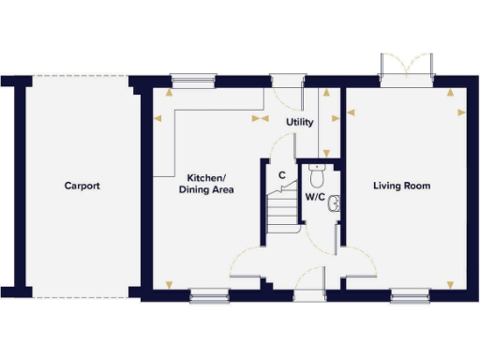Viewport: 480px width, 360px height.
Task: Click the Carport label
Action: (x=82, y=186)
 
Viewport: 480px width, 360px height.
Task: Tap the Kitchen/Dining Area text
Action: (x=205, y=184)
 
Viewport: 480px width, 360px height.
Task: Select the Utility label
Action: (x=299, y=123)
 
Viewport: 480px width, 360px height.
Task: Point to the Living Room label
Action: (x=401, y=186)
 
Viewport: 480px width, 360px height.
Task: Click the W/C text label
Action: (x=315, y=197)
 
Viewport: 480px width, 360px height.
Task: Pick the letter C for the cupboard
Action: (x=281, y=174)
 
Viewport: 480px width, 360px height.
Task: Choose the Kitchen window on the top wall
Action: (x=192, y=81)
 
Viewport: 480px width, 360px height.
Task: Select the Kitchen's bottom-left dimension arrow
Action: (x=169, y=285)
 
